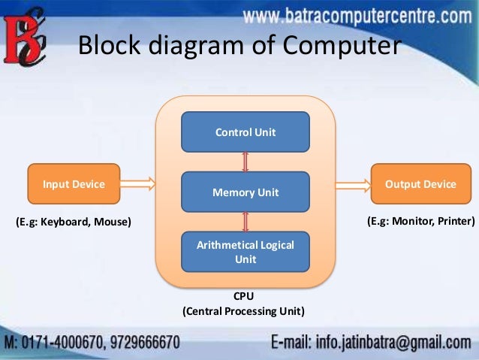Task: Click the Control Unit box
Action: (x=246, y=132)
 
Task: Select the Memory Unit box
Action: (x=246, y=192)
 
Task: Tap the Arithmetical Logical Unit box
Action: (x=246, y=252)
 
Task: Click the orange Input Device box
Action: (x=74, y=184)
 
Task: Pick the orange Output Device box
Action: (x=420, y=184)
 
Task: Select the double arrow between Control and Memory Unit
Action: (x=246, y=162)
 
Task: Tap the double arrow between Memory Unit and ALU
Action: (x=246, y=222)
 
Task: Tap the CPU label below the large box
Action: (x=244, y=297)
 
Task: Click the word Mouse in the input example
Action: (x=112, y=222)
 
